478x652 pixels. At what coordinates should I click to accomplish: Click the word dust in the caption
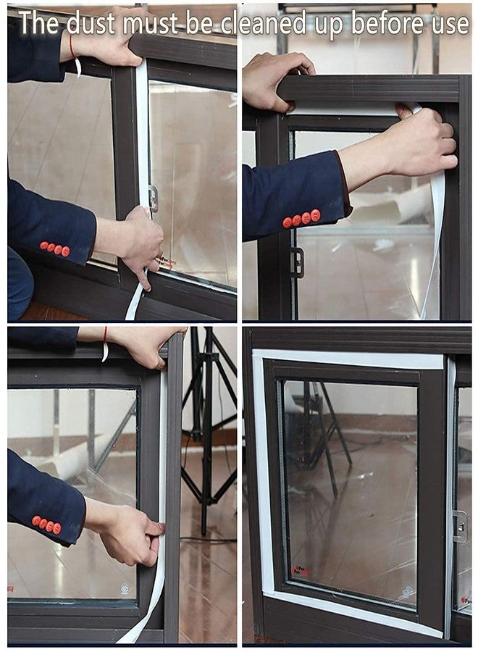(x=91, y=23)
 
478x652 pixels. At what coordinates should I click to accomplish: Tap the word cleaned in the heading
(x=263, y=24)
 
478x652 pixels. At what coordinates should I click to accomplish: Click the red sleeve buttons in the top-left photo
(x=55, y=248)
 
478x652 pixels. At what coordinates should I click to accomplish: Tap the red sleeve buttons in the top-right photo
(x=302, y=219)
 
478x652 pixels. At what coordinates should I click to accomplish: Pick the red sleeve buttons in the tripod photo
(x=46, y=524)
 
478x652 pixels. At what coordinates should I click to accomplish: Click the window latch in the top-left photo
(x=154, y=198)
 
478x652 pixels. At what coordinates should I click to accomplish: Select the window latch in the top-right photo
(x=297, y=262)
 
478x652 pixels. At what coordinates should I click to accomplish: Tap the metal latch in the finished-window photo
(x=460, y=527)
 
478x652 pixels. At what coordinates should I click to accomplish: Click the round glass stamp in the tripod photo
(x=125, y=588)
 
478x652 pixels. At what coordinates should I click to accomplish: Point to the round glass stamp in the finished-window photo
(x=406, y=591)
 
